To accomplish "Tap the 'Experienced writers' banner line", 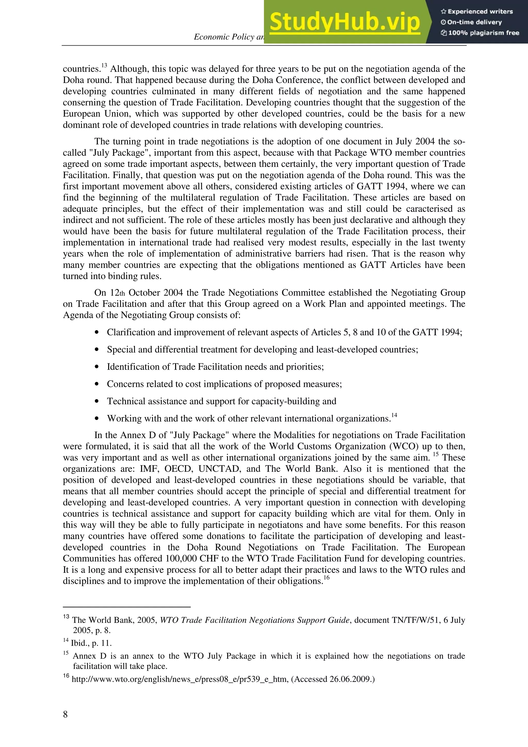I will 477,12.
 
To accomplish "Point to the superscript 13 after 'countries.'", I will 104,66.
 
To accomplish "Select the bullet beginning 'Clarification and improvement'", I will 284,332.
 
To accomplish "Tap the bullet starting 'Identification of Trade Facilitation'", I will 215,367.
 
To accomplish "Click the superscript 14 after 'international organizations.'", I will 394,416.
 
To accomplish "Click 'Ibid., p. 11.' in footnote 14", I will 91,643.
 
